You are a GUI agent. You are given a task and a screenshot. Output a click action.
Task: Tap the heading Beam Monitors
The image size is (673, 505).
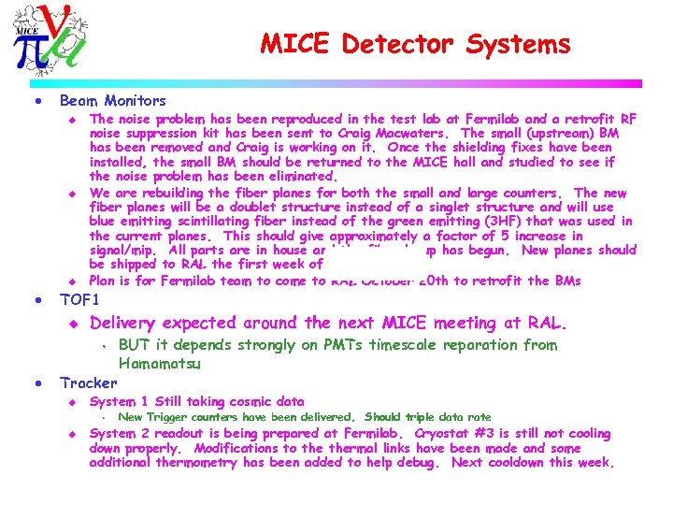[x=112, y=100]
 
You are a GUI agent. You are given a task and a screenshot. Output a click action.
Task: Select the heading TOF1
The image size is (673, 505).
[x=79, y=300]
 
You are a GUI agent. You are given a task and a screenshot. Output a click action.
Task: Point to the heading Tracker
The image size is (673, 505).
[x=88, y=382]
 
